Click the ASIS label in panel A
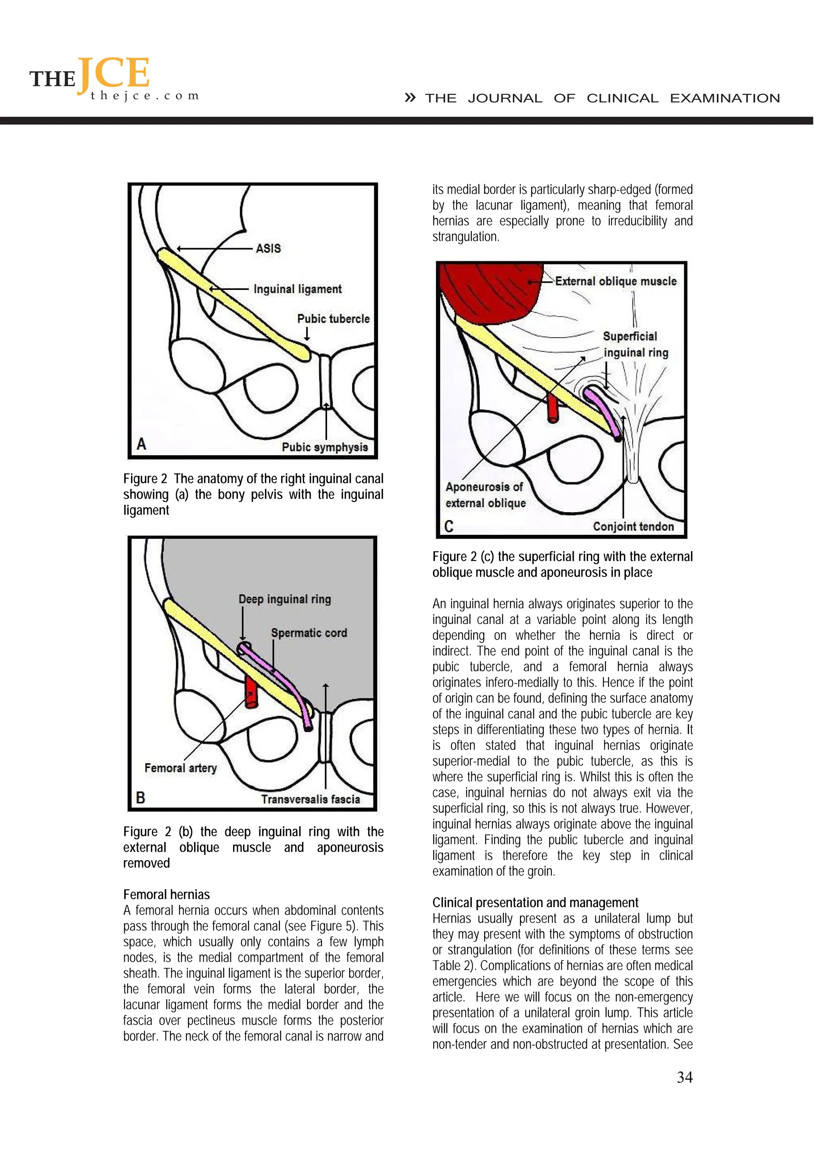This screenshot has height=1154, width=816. click(268, 248)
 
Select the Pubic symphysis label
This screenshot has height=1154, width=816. click(324, 447)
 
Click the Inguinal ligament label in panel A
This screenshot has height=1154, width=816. click(297, 289)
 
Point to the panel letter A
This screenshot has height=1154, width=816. click(141, 444)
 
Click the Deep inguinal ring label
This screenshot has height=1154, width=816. click(284, 599)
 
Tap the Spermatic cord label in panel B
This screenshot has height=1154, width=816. click(309, 633)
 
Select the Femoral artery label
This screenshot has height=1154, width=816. click(180, 768)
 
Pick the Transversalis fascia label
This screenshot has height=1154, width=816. click(310, 799)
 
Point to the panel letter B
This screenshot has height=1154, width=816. click(141, 798)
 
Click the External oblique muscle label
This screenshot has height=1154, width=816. click(616, 282)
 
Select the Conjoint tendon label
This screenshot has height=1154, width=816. click(633, 526)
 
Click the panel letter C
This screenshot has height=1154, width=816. click(449, 526)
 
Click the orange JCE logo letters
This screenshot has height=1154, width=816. click(114, 73)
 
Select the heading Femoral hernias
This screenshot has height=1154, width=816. click(167, 895)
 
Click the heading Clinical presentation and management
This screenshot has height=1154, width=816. click(535, 903)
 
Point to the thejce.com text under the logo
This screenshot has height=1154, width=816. click(145, 96)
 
